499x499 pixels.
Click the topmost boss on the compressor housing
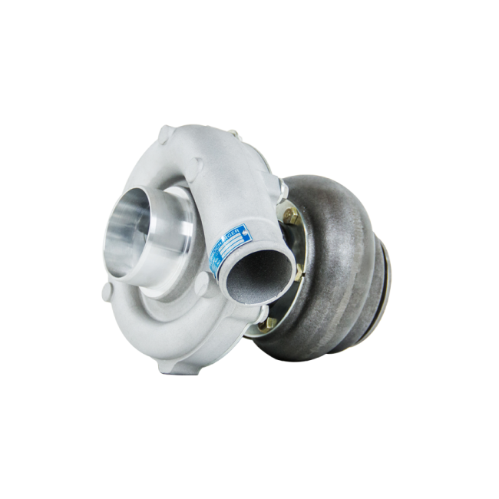pyautogui.click(x=164, y=137)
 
